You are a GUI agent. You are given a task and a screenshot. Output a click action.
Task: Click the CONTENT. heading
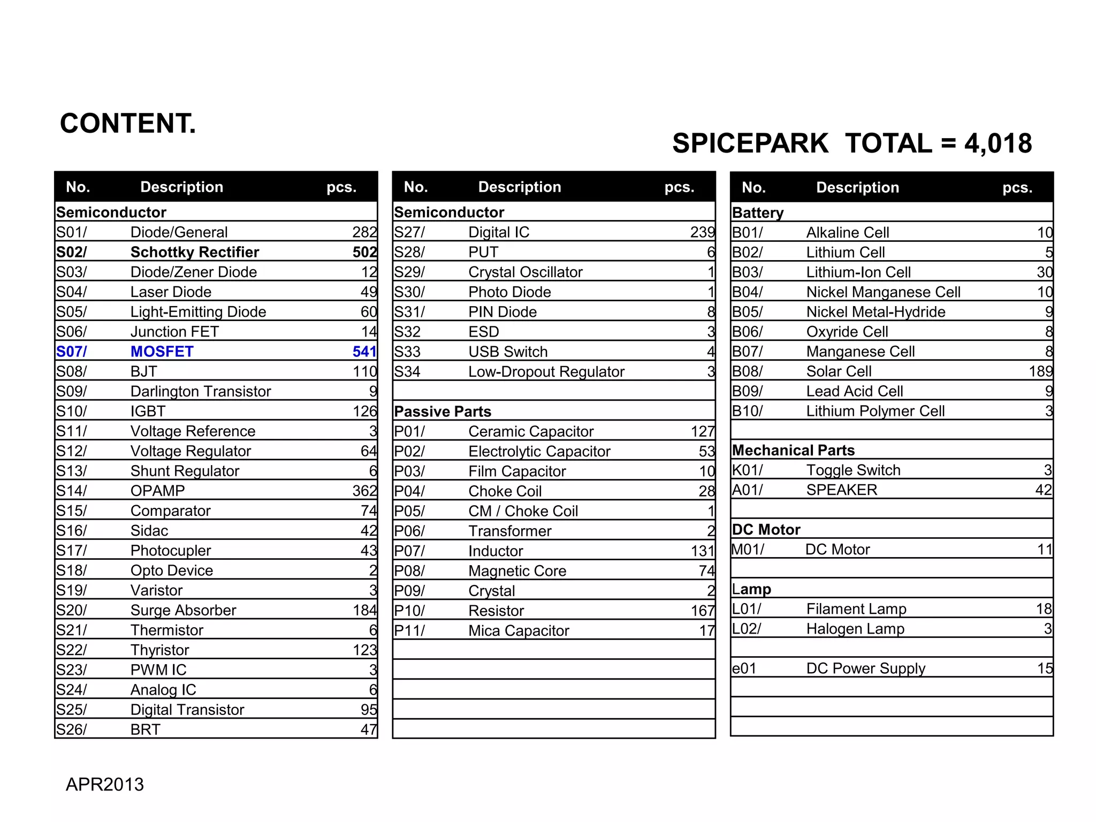tap(128, 124)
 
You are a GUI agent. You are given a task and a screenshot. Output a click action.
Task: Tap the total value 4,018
tap(998, 143)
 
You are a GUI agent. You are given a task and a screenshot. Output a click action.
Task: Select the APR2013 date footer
tap(105, 784)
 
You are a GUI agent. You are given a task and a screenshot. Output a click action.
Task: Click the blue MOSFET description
tap(162, 352)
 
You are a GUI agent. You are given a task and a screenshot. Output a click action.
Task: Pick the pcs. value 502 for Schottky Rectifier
tap(364, 252)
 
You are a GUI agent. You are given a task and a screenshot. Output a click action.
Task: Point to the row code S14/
tap(71, 491)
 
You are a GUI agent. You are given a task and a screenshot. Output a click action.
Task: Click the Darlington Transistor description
tap(201, 391)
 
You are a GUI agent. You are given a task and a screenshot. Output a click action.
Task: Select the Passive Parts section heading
tap(443, 412)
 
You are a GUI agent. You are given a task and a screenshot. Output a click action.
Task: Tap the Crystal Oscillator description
tap(525, 272)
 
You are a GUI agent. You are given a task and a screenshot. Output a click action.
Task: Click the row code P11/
tap(409, 630)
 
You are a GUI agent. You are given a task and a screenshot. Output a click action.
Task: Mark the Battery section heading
tap(758, 213)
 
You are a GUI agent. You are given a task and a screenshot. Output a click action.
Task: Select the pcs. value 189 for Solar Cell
tap(1040, 371)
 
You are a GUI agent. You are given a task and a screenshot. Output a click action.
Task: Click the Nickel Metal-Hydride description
tap(876, 312)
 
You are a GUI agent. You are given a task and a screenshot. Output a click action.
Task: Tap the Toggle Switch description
tap(853, 470)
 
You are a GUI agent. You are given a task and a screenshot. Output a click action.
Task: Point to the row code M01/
tap(748, 549)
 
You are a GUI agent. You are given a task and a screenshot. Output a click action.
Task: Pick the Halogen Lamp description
tap(855, 629)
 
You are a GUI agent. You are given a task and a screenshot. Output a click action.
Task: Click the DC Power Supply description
tap(865, 668)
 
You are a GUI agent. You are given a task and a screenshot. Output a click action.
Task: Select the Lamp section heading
tap(751, 589)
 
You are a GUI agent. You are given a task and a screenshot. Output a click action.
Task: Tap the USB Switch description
tap(508, 352)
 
